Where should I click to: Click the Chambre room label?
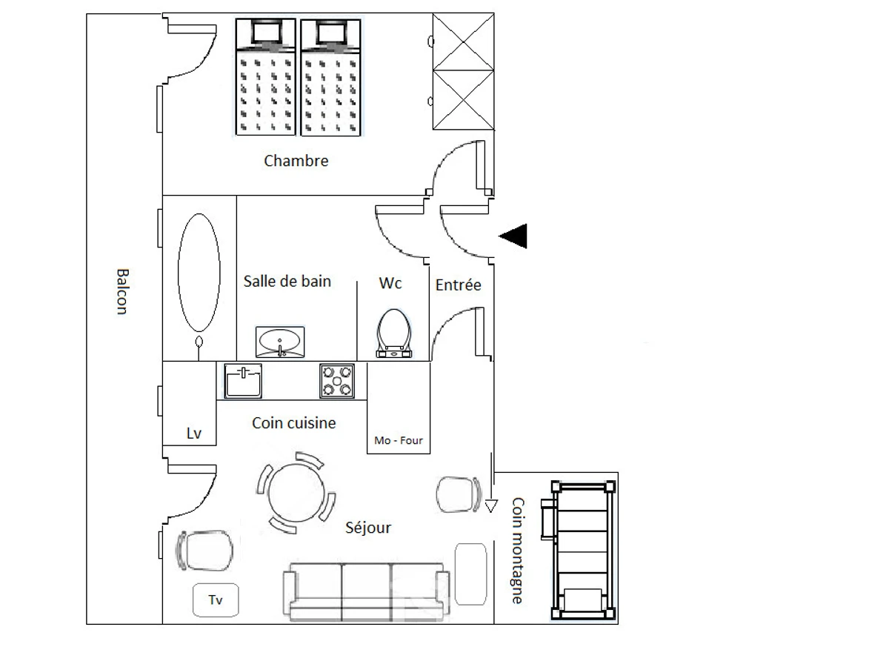point(296,161)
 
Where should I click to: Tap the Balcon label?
point(123,291)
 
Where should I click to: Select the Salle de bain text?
point(287,281)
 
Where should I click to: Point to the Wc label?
point(390,283)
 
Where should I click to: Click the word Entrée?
point(458,285)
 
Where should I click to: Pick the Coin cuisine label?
point(293,423)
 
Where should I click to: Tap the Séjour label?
point(368,528)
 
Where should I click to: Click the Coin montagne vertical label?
point(518,550)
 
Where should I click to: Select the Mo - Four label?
point(399,441)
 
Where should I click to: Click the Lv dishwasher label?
point(194,434)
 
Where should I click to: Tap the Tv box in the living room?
point(216,600)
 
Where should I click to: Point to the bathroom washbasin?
point(280,342)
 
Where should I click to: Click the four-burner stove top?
point(337,381)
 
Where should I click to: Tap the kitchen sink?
point(243,381)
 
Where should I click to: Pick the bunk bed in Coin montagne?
point(582,550)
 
